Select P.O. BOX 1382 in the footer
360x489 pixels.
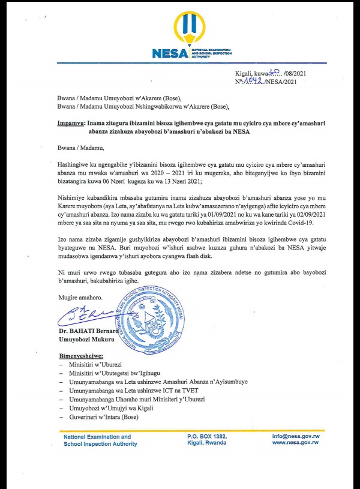click(207, 437)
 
